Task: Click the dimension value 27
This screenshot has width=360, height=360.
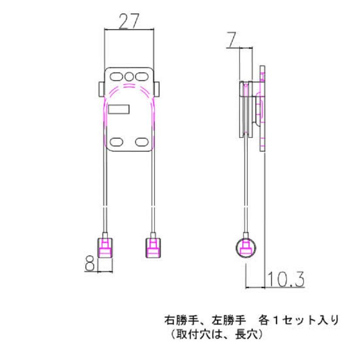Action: pos(129,20)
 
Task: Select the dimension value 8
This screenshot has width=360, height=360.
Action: pos(89,263)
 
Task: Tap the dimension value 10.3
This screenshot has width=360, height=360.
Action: pos(286,279)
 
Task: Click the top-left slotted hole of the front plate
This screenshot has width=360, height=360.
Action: pos(116,77)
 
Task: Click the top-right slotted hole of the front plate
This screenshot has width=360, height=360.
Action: pos(141,77)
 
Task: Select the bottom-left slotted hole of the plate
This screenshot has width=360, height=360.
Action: pos(116,142)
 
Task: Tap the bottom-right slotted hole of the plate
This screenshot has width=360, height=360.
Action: pos(141,142)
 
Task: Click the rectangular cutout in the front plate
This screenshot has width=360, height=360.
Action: pos(119,109)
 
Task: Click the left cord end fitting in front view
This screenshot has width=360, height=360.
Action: pos(105,248)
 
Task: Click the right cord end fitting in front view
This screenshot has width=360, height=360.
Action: pos(153,248)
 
